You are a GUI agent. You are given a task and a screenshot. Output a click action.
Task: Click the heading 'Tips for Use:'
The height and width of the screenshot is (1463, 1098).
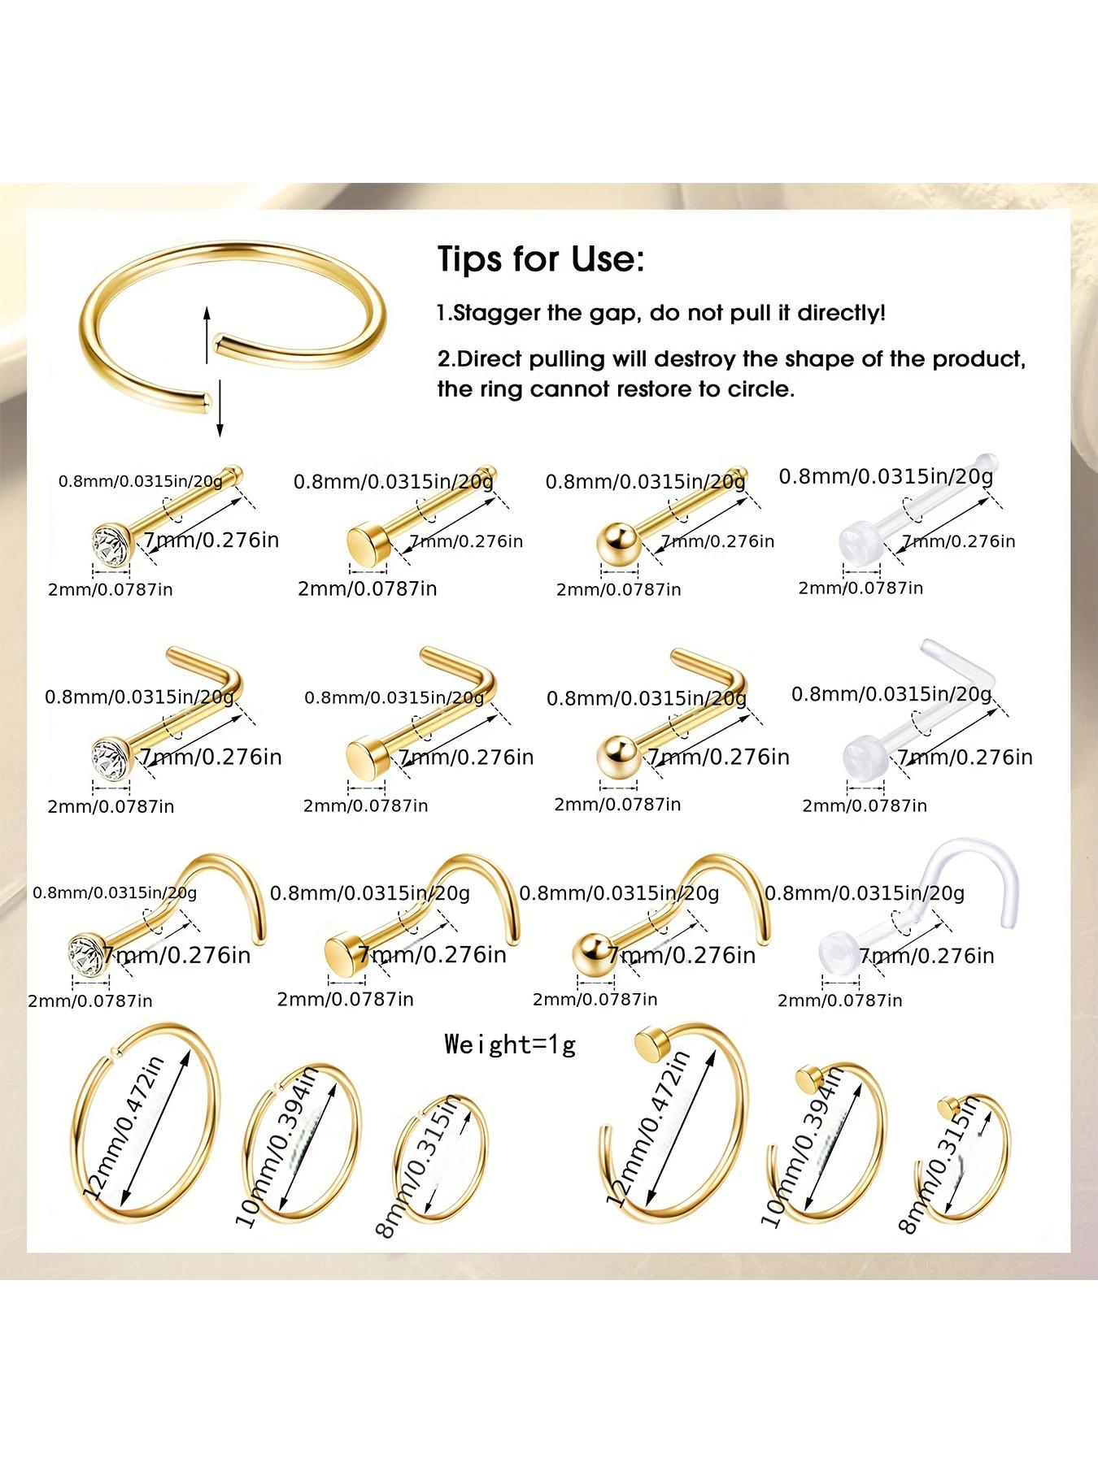click(541, 259)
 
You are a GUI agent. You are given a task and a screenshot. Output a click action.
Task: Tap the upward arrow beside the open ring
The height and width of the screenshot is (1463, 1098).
click(207, 334)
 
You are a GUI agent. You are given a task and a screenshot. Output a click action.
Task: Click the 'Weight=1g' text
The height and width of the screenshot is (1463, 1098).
click(510, 1044)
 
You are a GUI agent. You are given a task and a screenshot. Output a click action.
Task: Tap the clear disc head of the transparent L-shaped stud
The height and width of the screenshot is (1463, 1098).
click(861, 754)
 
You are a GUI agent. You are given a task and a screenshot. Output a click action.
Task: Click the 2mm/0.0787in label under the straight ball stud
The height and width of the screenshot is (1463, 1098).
click(618, 589)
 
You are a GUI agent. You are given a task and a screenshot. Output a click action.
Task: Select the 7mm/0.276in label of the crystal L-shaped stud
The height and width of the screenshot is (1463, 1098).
click(211, 758)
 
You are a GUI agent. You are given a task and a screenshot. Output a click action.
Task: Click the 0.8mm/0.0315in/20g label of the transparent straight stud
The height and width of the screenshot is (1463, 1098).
click(886, 476)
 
